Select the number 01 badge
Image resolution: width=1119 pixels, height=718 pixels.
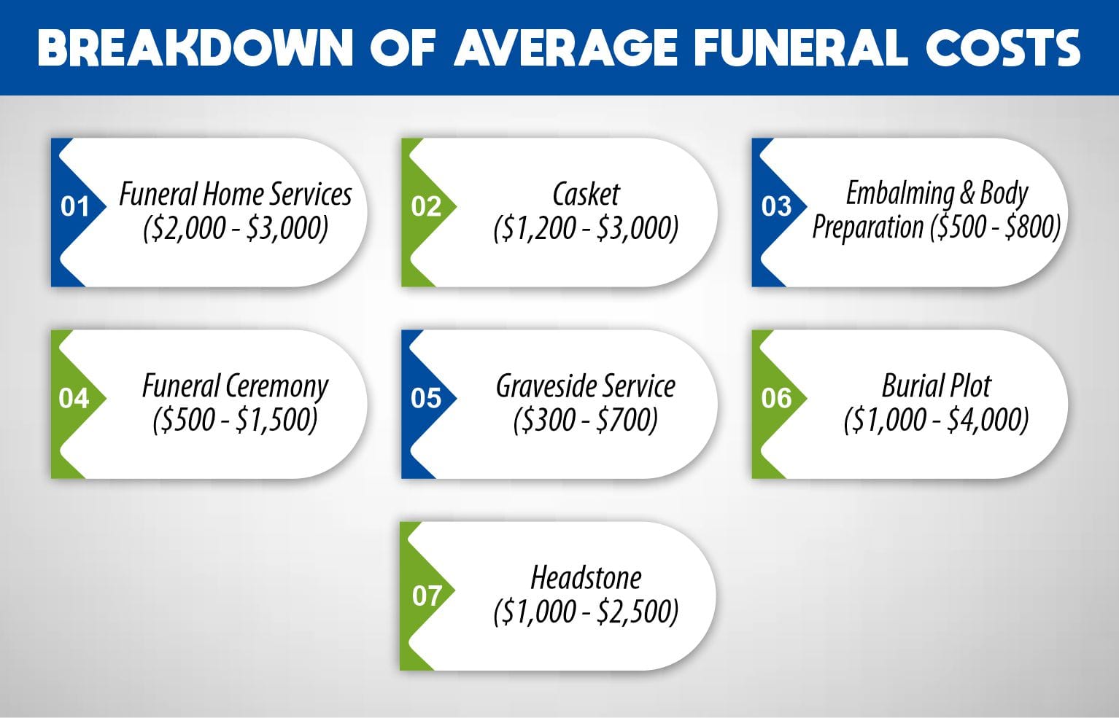pyautogui.click(x=74, y=207)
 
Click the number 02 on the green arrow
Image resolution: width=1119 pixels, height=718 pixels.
pyautogui.click(x=426, y=207)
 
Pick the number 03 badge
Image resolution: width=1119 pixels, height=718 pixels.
pyautogui.click(x=776, y=207)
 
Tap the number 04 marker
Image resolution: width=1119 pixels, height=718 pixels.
pyautogui.click(x=74, y=399)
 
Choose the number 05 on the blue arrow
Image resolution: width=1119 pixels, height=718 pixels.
pyautogui.click(x=426, y=399)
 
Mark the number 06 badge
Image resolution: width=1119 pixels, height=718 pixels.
pyautogui.click(x=776, y=399)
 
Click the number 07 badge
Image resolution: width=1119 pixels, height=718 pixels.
pyautogui.click(x=427, y=596)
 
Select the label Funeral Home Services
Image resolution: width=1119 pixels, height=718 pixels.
pyautogui.click(x=235, y=195)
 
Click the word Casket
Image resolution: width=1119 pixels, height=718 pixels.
pyautogui.click(x=586, y=195)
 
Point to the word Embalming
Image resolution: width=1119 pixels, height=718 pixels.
pyautogui.click(x=899, y=193)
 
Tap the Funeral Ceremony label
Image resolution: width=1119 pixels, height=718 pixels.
pyautogui.click(x=235, y=386)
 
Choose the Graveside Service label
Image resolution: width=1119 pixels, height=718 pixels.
pyautogui.click(x=586, y=386)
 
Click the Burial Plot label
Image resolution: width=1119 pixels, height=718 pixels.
pyautogui.click(x=937, y=386)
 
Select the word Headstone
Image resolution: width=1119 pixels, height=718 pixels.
pyautogui.click(x=586, y=578)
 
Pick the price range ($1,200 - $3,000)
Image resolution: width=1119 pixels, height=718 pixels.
pyautogui.click(x=586, y=229)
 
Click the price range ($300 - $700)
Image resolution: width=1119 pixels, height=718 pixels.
pyautogui.click(x=586, y=421)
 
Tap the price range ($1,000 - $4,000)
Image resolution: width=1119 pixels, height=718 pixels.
pyautogui.click(x=937, y=421)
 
